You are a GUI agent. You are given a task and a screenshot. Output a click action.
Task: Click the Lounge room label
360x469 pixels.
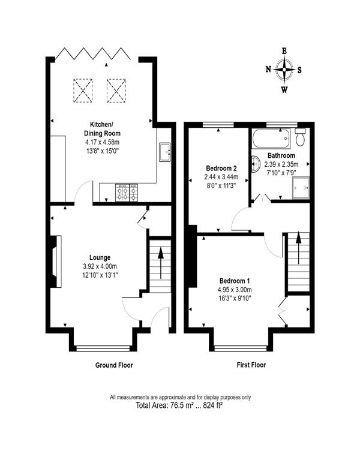click(x=100, y=257)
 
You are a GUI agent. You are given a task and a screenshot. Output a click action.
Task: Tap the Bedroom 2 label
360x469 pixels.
click(x=221, y=168)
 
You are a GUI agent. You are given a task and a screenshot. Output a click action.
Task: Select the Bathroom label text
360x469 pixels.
click(x=281, y=155)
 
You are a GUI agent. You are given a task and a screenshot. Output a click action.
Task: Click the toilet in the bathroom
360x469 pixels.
click(x=299, y=137)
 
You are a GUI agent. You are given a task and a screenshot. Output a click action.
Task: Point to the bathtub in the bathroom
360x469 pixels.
click(x=271, y=139)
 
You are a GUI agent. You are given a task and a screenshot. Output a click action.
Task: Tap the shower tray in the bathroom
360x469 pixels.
click(x=301, y=188)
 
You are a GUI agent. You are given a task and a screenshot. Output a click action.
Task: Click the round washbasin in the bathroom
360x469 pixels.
click(x=256, y=164)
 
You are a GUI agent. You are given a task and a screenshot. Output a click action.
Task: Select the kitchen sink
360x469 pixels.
click(x=165, y=152)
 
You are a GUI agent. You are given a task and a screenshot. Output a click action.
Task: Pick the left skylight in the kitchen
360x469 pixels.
click(x=83, y=91)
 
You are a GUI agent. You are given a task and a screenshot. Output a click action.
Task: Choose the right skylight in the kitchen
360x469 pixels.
click(x=116, y=91)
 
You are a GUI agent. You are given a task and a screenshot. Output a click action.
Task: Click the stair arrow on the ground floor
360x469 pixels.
click(x=161, y=263)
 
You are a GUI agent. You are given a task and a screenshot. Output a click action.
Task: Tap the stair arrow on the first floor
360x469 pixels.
click(x=298, y=247)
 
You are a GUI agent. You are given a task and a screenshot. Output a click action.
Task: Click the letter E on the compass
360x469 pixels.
click(x=284, y=51)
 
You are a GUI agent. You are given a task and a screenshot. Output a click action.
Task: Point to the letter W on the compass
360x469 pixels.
click(x=284, y=89)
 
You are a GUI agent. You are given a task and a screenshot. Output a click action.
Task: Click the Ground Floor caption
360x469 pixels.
click(x=114, y=365)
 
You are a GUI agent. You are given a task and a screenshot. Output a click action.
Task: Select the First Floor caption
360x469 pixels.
click(x=251, y=365)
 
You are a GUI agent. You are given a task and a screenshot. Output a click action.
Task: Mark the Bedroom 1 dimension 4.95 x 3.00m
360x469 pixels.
click(x=235, y=290)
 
